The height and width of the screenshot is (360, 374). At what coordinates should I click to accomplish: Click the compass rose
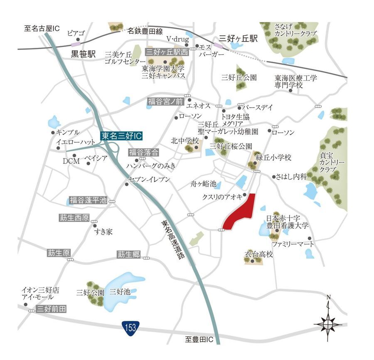point(328,322)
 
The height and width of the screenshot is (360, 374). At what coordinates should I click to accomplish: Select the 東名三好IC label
point(122,136)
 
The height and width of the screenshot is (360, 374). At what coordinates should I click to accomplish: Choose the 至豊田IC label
point(199,340)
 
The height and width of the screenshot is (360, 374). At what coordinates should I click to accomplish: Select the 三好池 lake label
point(120,292)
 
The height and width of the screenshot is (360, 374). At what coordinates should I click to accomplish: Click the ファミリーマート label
point(293,244)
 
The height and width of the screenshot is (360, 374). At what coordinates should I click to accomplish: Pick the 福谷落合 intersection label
point(143,152)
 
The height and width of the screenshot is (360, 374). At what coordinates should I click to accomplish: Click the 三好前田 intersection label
point(52,309)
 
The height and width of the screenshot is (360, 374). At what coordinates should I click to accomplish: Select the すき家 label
point(103,232)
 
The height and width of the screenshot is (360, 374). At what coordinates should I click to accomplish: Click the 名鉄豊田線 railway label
point(145,31)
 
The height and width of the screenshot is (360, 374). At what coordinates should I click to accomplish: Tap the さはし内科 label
point(291,177)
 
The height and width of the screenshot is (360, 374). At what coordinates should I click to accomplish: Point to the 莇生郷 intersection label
point(128,254)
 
